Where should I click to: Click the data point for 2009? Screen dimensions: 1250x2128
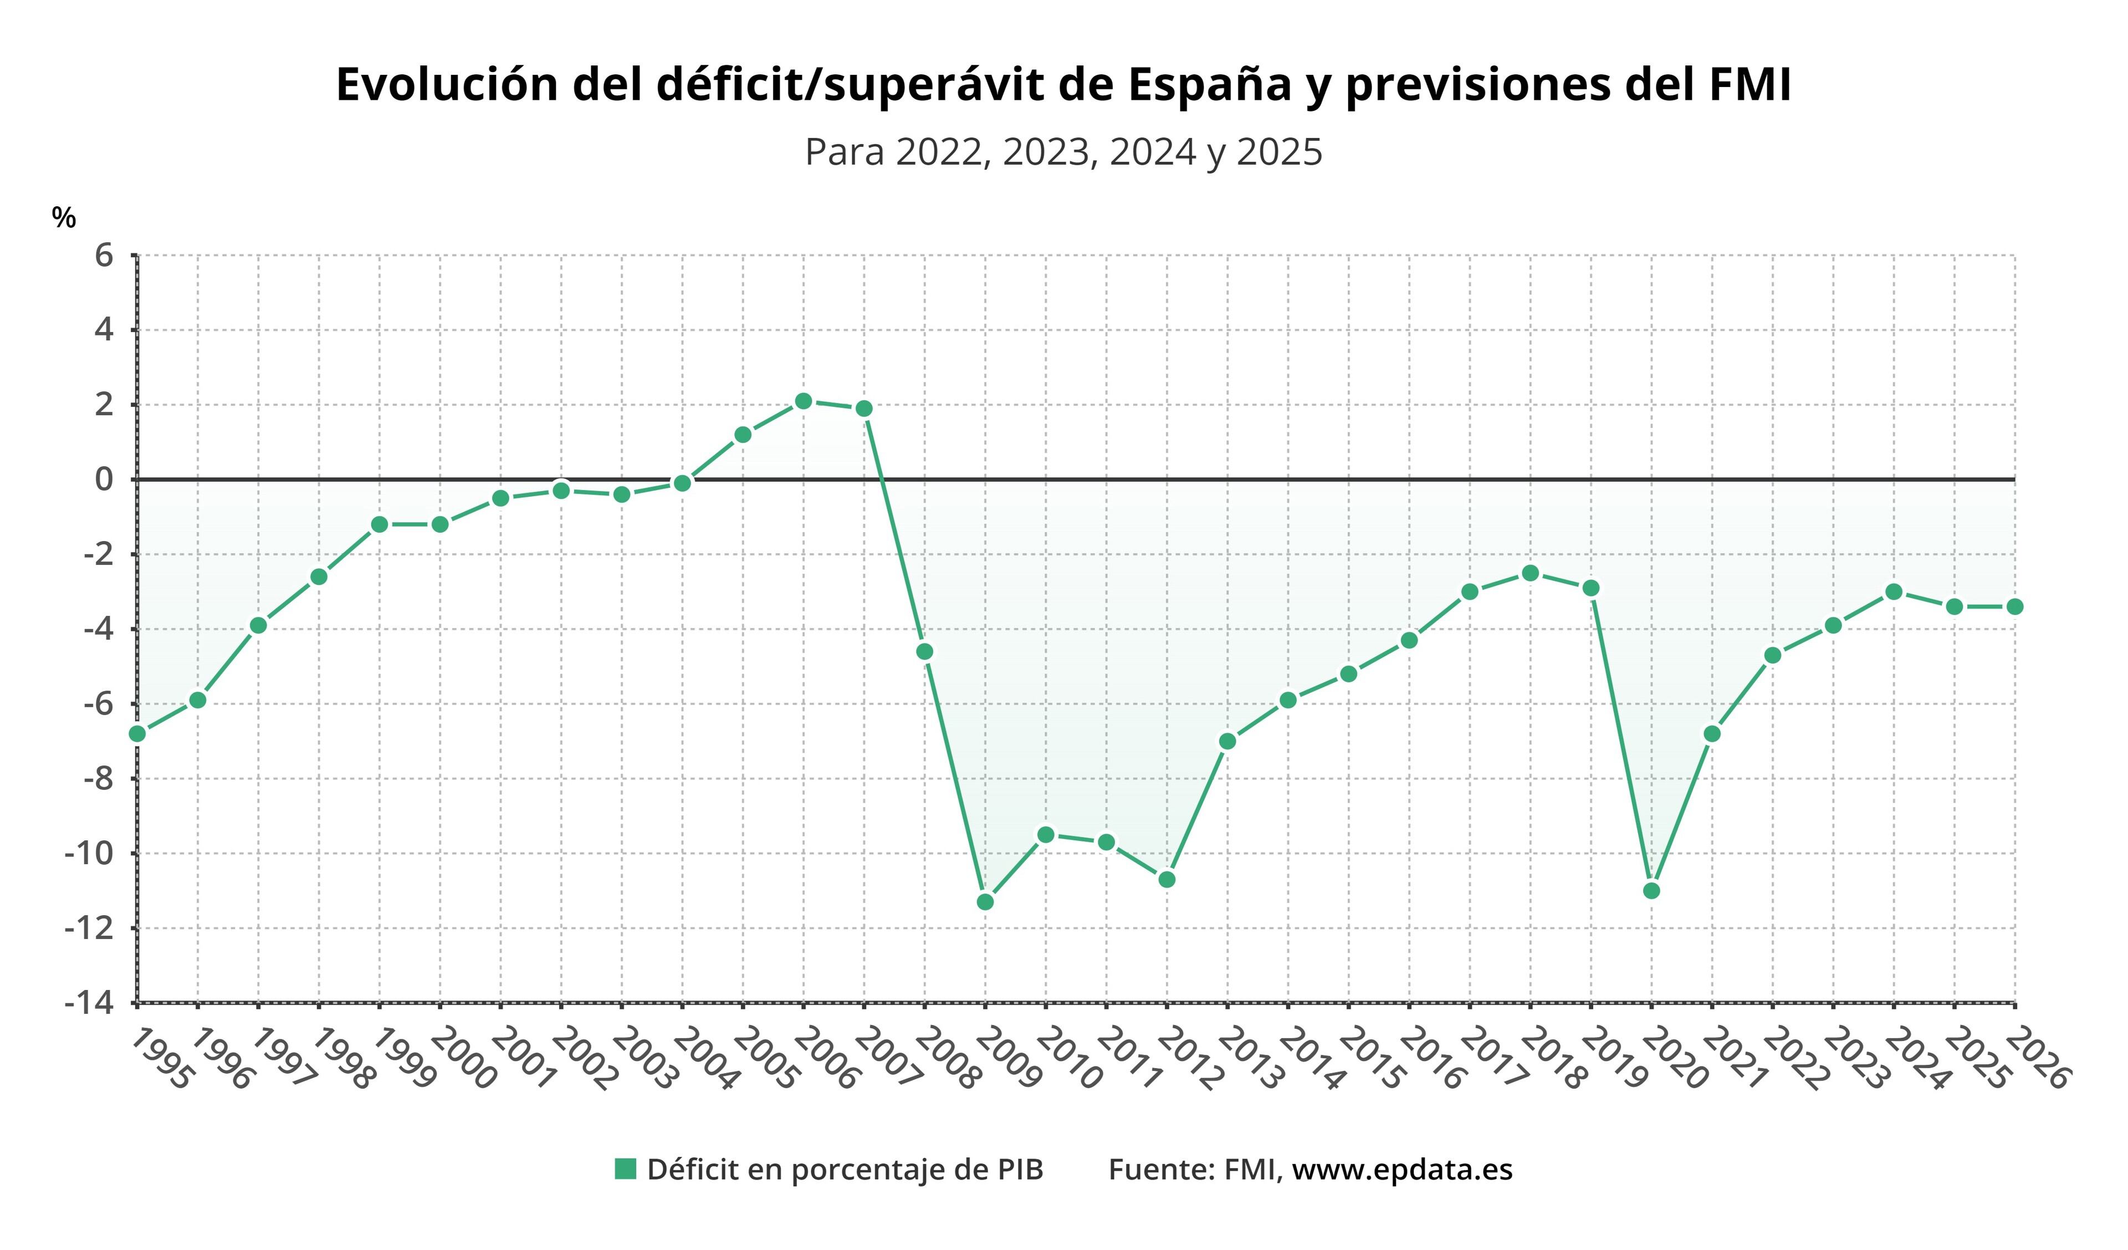point(985,902)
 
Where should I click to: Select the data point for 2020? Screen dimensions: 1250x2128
point(1652,890)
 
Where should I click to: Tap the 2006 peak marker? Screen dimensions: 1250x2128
point(803,401)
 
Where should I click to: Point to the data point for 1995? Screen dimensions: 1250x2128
point(137,734)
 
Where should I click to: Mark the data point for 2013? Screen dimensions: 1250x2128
point(1228,741)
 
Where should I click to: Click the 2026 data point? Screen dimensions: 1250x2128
point(2015,606)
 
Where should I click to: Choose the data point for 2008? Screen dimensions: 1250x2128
point(925,651)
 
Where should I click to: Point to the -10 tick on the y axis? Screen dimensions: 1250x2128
point(89,853)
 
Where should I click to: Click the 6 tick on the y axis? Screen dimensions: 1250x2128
point(104,255)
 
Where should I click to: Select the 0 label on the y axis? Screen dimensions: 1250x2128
point(104,479)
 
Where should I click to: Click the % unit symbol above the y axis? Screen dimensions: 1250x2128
point(63,218)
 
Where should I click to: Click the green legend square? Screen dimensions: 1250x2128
point(625,1169)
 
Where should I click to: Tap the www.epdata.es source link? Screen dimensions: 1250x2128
point(1402,1170)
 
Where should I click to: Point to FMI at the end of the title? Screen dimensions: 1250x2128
point(1749,84)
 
